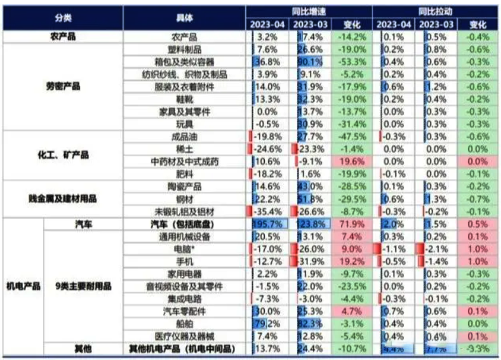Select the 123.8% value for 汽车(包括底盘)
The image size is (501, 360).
(x=311, y=224)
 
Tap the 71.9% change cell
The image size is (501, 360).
(x=352, y=224)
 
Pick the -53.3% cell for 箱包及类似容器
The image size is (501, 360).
(x=352, y=62)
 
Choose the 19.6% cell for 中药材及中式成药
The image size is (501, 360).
(x=352, y=161)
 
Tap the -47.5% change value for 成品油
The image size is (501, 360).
(x=352, y=137)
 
